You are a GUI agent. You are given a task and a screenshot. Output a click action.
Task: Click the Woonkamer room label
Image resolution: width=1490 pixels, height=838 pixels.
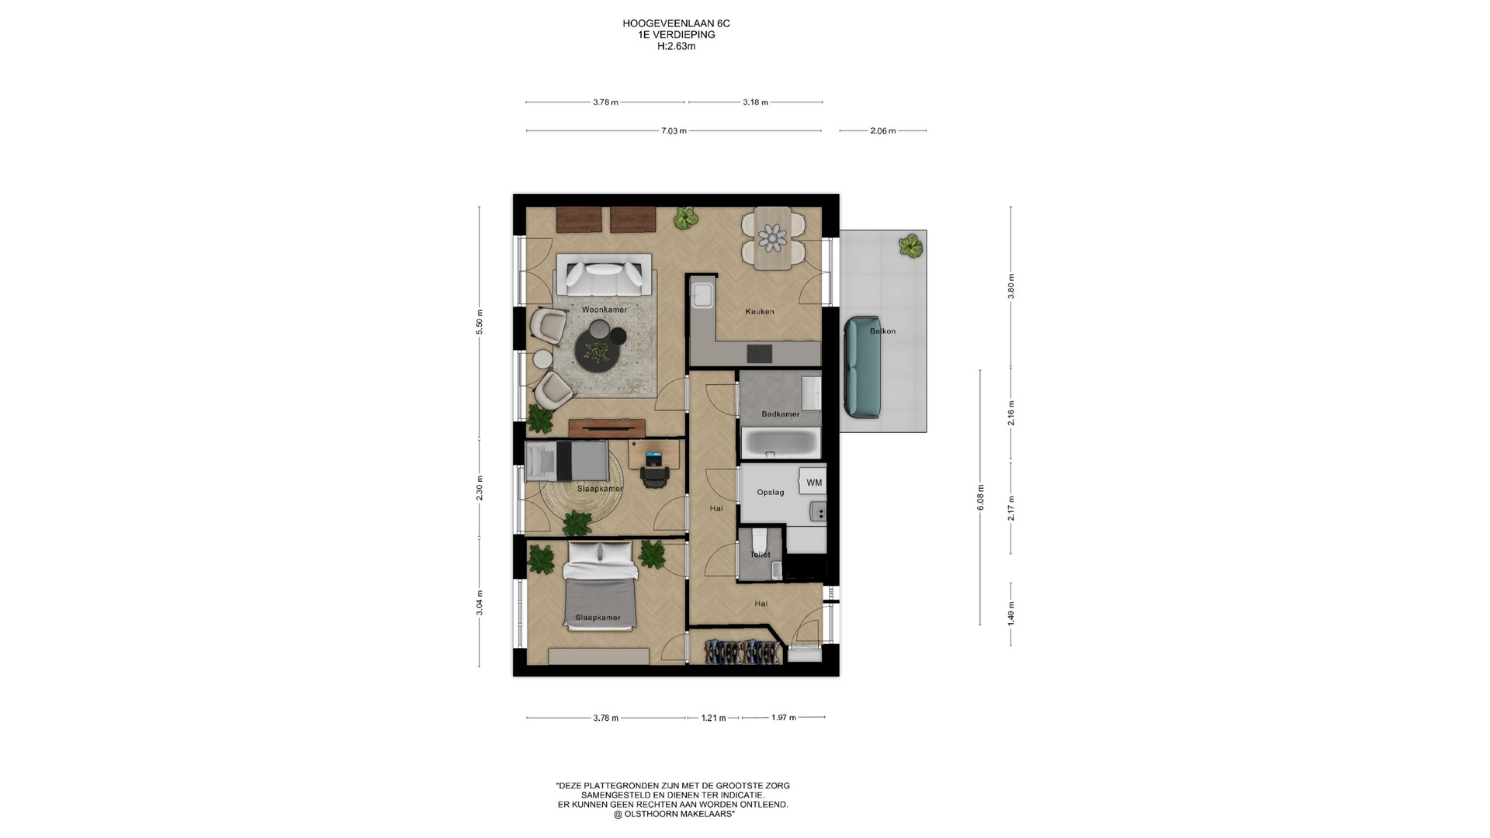[604, 310]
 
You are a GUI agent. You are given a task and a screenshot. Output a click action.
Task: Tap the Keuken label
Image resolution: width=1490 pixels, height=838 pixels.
[760, 311]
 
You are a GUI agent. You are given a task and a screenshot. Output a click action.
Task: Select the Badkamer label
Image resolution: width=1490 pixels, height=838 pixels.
[780, 414]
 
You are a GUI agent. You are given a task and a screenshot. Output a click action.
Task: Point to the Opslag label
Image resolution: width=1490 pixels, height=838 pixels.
[771, 492]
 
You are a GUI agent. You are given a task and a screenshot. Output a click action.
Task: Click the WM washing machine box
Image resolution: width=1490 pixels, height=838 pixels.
[813, 483]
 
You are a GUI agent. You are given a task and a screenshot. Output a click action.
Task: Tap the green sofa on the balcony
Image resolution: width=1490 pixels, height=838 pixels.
[862, 366]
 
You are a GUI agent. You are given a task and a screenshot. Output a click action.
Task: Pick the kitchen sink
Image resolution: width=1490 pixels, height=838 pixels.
[702, 293]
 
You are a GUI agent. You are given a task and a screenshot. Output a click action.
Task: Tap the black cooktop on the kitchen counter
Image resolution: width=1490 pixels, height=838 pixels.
[759, 354]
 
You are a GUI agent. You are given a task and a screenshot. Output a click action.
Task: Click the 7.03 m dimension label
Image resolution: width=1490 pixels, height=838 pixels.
[674, 131]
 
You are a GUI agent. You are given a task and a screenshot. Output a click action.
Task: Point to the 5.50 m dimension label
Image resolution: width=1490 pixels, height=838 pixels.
[480, 327]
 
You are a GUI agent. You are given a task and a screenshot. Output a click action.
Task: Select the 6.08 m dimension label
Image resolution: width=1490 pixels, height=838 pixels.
[980, 497]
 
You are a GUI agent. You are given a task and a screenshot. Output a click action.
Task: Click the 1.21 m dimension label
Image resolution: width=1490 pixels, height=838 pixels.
[713, 718]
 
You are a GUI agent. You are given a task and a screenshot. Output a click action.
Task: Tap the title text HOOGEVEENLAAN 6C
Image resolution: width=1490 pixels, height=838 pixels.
[676, 23]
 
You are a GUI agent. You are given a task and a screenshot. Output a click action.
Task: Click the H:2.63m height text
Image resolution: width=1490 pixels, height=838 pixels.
[676, 46]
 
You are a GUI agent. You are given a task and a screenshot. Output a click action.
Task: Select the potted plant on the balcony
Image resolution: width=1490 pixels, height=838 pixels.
[910, 247]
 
